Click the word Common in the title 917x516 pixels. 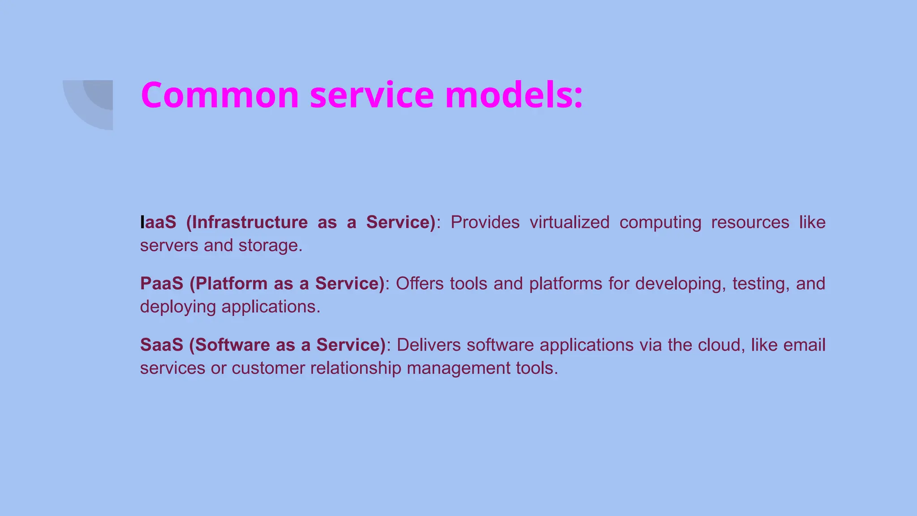(x=219, y=95)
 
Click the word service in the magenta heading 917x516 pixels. (x=372, y=95)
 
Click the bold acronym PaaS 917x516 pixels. (x=162, y=284)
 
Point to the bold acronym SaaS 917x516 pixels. (x=162, y=345)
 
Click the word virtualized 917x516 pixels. (x=569, y=222)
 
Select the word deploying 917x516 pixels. (x=178, y=307)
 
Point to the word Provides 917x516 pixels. (x=485, y=222)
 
